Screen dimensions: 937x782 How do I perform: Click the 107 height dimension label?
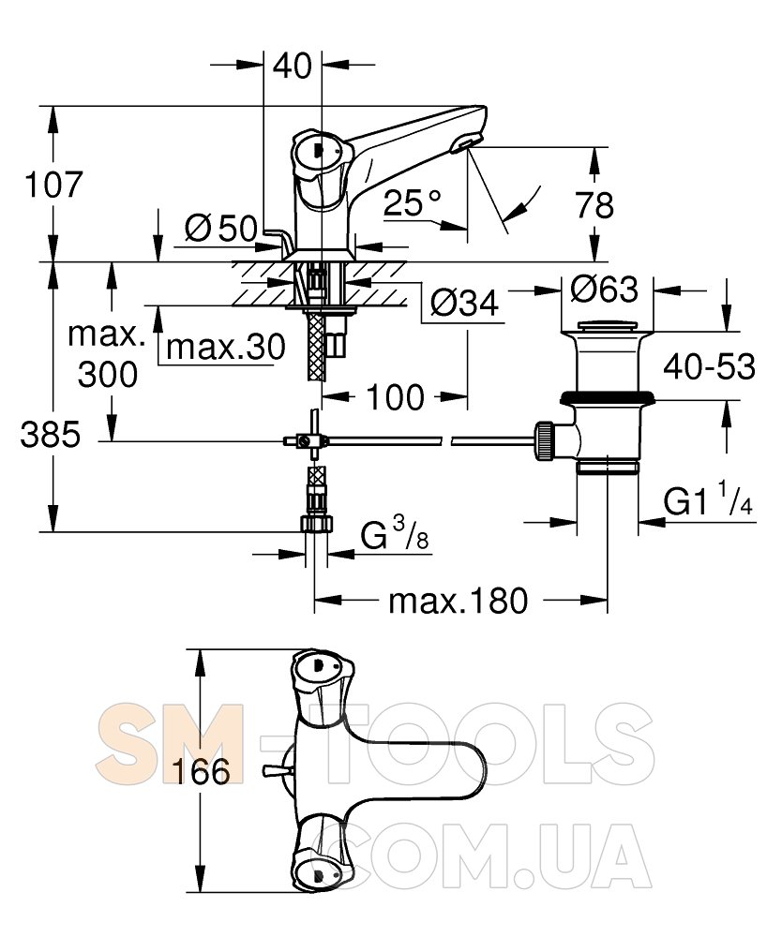[x=53, y=185]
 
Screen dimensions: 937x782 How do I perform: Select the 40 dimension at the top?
[x=293, y=67]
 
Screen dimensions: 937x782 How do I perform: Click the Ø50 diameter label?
[x=220, y=228]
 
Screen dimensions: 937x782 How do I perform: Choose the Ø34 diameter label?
[x=463, y=303]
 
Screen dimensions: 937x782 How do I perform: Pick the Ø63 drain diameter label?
[x=604, y=290]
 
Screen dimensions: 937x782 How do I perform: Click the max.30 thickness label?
[x=225, y=347]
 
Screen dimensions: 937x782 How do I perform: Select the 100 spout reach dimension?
[x=394, y=397]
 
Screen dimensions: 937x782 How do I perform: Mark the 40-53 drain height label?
[x=710, y=367]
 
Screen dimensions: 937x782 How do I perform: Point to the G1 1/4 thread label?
[x=708, y=502]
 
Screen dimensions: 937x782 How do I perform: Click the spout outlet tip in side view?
[x=465, y=143]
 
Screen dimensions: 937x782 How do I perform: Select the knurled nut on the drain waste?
[x=543, y=439]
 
